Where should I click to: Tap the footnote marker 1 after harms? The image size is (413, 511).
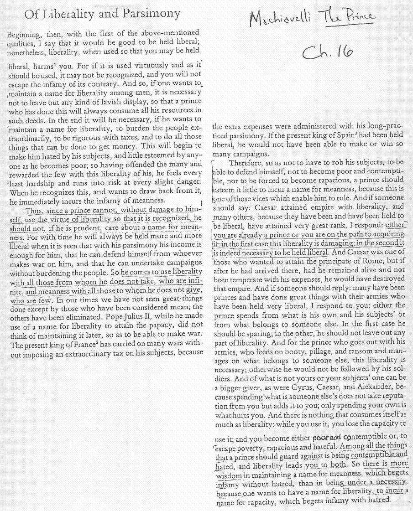(45, 63)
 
